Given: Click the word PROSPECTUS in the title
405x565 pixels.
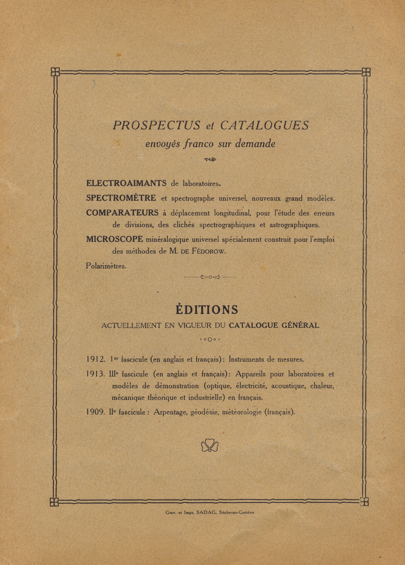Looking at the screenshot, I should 156,125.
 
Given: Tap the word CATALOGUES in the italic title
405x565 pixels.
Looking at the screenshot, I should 264,125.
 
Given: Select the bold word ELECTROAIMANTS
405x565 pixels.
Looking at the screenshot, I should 126,183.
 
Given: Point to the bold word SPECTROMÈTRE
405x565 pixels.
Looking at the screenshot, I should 121,198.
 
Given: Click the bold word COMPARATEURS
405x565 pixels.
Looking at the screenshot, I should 122,213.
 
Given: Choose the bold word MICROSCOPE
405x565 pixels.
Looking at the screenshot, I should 115,239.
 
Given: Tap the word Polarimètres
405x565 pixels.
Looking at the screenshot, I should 106,266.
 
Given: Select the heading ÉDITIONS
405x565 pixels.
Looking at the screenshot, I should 207,310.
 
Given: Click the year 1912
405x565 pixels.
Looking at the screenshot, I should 95,359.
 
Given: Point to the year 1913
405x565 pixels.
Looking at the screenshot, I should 95,374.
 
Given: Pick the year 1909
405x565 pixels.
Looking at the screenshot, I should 95,412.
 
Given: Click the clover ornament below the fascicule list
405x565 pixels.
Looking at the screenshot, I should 210,446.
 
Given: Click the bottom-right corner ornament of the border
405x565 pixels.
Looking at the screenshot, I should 364,501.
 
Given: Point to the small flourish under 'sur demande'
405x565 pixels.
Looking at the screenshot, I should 210,159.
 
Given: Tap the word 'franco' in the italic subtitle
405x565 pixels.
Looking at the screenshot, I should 198,143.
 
